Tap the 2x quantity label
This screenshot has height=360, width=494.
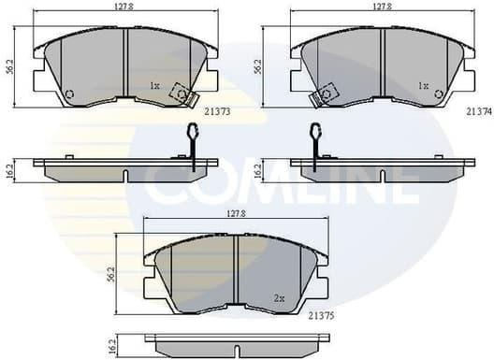click(279, 298)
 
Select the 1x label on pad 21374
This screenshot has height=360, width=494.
click(423, 86)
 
